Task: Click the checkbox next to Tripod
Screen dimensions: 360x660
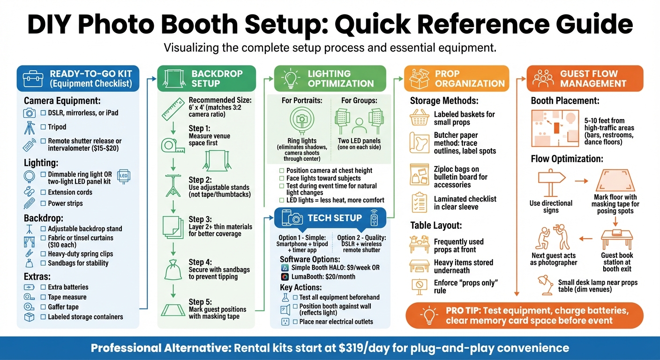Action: coord(43,127)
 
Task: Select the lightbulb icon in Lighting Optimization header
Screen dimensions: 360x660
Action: coord(290,78)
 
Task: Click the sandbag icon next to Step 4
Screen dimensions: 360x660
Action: coord(172,270)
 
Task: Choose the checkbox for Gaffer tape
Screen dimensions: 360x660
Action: coord(43,307)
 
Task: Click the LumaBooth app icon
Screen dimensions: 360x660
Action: coord(285,277)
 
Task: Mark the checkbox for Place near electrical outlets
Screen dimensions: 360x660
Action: coord(295,322)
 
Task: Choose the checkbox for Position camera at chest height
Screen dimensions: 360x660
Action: coord(281,171)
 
